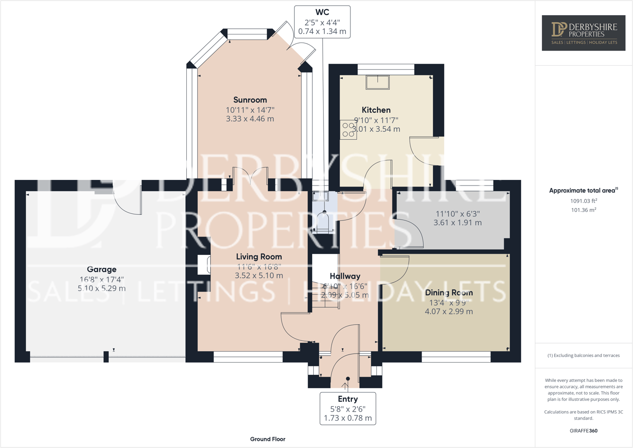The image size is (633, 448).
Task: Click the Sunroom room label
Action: click(x=250, y=100)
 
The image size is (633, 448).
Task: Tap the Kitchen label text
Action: click(x=376, y=110)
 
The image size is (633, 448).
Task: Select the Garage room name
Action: click(x=101, y=270)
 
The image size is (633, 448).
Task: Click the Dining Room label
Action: click(x=449, y=293)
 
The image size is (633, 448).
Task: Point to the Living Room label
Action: click(x=259, y=257)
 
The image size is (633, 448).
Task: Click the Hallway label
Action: click(x=345, y=276)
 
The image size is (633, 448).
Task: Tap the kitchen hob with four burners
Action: click(x=349, y=130)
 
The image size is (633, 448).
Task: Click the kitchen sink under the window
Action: click(x=377, y=82)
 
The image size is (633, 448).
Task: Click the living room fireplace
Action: click(x=204, y=264)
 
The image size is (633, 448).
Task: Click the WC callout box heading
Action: click(x=322, y=12)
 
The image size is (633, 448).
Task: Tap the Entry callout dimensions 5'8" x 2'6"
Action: click(x=348, y=409)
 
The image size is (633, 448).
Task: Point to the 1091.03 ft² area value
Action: click(x=583, y=201)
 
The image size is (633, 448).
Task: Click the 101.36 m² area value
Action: click(x=583, y=210)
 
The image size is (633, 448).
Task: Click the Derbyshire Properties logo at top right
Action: click(x=583, y=33)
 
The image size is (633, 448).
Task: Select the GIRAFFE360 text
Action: click(x=583, y=431)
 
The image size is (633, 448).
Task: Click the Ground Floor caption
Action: click(x=267, y=439)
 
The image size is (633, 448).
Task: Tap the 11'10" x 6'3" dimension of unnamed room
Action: click(x=457, y=213)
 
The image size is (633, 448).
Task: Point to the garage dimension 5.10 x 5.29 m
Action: click(x=101, y=288)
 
